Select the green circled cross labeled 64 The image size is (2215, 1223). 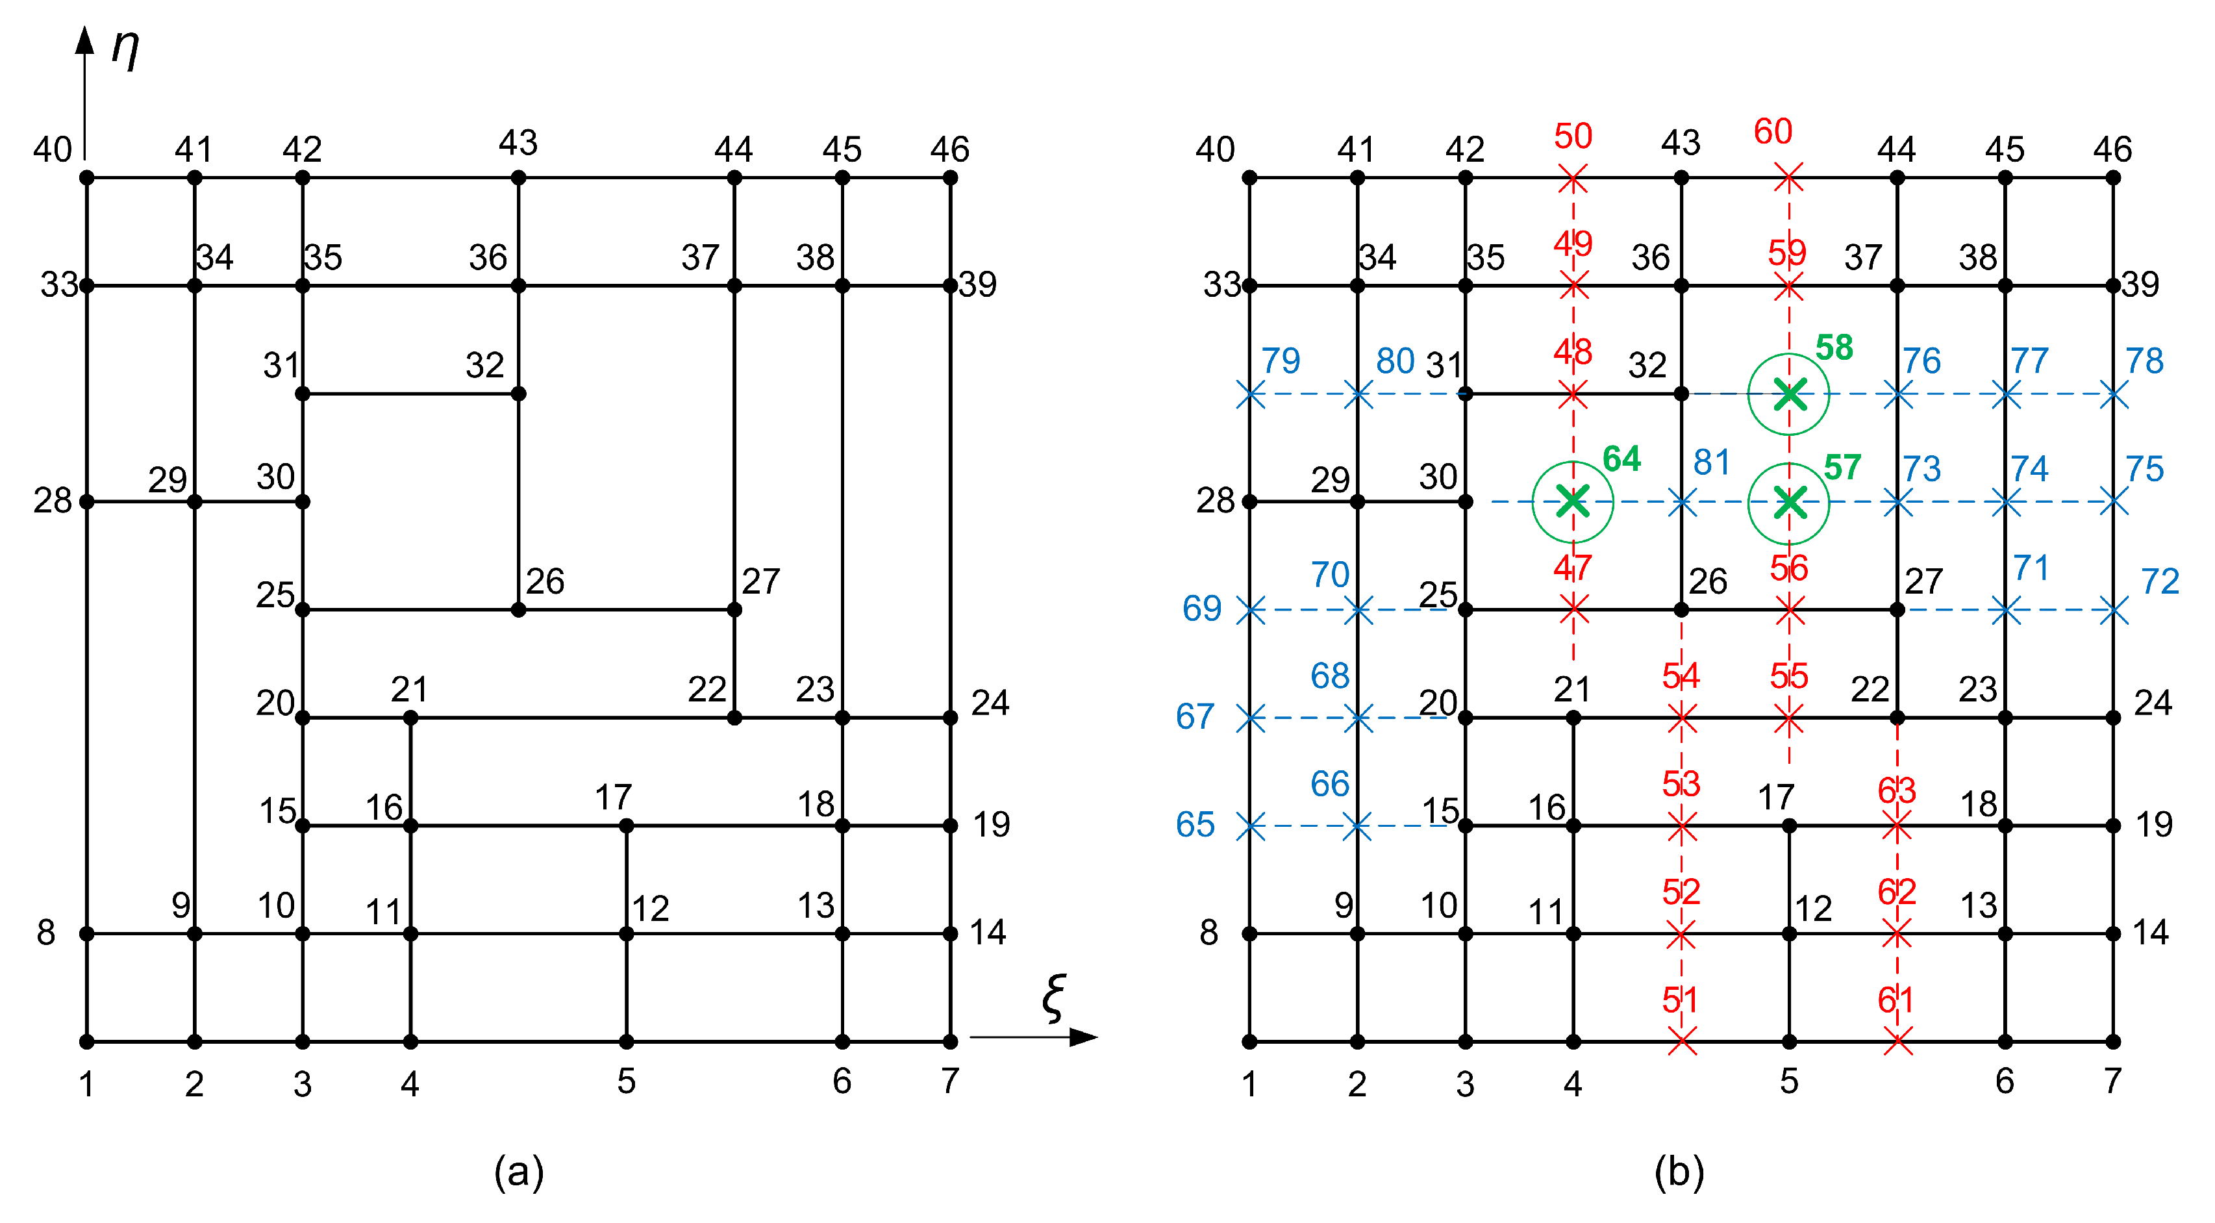tap(1573, 501)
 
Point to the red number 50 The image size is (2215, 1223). tap(1573, 136)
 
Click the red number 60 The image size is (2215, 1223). tap(1773, 132)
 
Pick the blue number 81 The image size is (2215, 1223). tap(1711, 462)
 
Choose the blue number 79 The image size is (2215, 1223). tap(1281, 360)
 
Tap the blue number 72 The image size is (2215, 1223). tap(2160, 582)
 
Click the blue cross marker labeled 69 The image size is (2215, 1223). tap(1251, 611)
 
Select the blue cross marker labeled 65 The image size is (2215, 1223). tap(1251, 827)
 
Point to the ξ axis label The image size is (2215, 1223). tap(1054, 998)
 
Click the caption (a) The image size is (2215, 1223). tap(518, 1172)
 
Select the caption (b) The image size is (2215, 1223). tap(1679, 1172)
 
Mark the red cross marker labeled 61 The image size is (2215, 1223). tap(1897, 1043)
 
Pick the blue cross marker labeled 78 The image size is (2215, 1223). tap(2114, 396)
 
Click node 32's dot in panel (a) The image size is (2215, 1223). tap(518, 394)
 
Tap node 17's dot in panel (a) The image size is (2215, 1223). tap(626, 826)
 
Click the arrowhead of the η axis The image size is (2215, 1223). tap(84, 39)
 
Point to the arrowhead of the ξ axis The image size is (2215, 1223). tap(1085, 1037)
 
